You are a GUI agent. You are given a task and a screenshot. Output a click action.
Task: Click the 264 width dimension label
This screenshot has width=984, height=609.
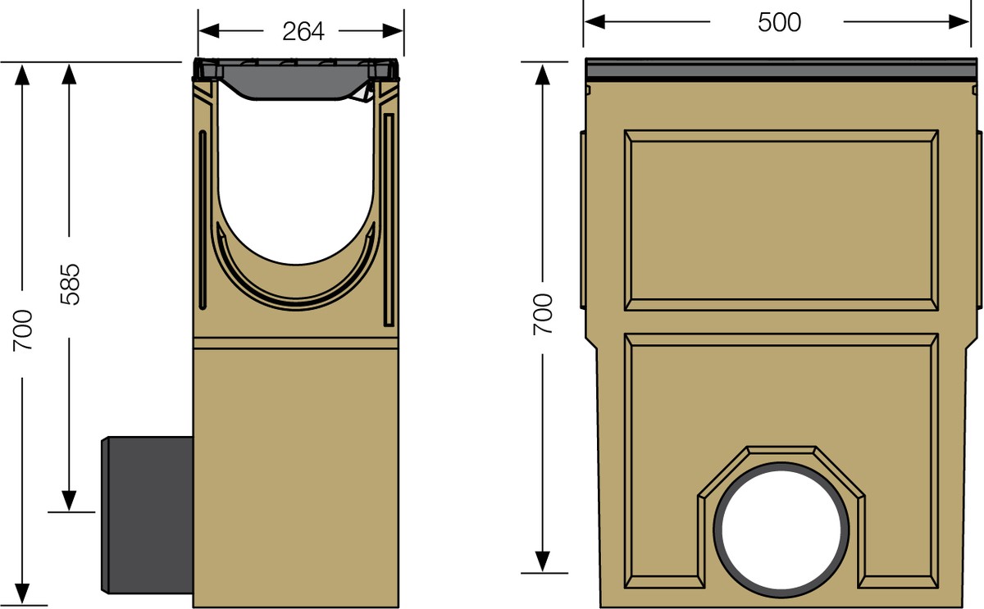point(303,31)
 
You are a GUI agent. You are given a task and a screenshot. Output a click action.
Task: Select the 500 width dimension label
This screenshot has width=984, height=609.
point(778,22)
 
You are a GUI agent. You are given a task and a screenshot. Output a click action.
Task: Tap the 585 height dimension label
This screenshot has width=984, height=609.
point(71,284)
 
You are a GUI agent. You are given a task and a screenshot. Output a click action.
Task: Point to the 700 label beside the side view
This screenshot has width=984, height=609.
point(24,330)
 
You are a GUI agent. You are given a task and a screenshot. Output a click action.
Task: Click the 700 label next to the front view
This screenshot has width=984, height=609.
point(543,314)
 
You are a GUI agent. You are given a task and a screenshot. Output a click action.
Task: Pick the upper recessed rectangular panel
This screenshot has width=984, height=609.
point(781,220)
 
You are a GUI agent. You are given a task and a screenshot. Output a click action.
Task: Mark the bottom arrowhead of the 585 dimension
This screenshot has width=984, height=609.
point(70,499)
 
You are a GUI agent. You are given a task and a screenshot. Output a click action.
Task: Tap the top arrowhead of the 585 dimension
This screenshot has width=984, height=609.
point(70,75)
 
